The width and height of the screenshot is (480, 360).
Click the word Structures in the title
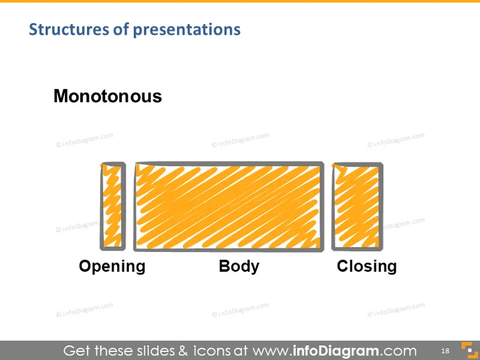click(x=69, y=29)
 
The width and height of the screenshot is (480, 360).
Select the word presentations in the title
click(x=187, y=30)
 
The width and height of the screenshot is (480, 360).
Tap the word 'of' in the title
click(x=121, y=29)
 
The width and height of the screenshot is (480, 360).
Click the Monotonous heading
click(x=108, y=96)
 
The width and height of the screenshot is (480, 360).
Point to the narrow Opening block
click(x=113, y=206)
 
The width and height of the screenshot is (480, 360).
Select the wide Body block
click(x=229, y=206)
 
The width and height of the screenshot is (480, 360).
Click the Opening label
click(x=112, y=266)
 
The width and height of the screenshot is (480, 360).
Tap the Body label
click(x=239, y=266)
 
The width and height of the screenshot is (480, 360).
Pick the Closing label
click(x=367, y=266)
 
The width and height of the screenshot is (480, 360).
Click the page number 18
click(x=445, y=351)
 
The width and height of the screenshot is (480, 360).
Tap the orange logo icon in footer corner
click(x=469, y=350)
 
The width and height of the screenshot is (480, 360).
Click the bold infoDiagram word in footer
click(x=336, y=351)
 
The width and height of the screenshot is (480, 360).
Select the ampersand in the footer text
click(x=183, y=351)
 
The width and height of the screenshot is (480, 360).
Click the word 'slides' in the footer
click(x=156, y=351)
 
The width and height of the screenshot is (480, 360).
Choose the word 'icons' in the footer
click(x=211, y=351)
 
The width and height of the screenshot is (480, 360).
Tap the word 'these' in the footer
click(x=113, y=351)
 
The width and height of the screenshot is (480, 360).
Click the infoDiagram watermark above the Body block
click(x=240, y=140)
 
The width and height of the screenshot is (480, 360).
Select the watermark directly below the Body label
click(x=240, y=309)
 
